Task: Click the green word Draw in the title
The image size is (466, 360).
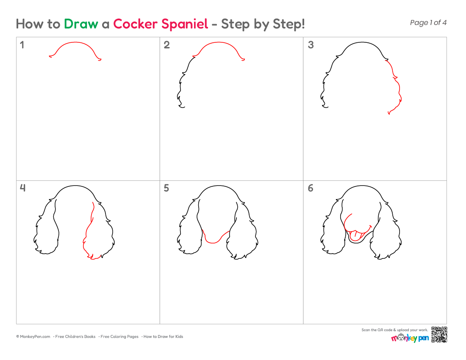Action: (x=81, y=24)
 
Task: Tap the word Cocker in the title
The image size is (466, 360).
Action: (x=135, y=24)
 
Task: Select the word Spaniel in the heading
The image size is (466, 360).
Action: (x=185, y=24)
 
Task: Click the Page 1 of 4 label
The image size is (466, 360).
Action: (x=428, y=22)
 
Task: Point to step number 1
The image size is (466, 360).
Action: (x=22, y=45)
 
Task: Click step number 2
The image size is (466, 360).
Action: (x=167, y=45)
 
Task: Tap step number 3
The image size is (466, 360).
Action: (x=311, y=45)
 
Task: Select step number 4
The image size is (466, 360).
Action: (x=22, y=188)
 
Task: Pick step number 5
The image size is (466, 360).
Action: (x=166, y=188)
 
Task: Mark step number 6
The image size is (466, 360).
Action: (x=311, y=188)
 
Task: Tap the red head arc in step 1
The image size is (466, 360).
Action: (x=75, y=42)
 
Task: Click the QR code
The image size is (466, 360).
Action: (x=439, y=335)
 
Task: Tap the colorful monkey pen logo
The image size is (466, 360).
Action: (x=410, y=338)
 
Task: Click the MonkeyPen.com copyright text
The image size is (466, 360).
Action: (x=33, y=337)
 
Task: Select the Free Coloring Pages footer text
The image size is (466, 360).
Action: (x=119, y=337)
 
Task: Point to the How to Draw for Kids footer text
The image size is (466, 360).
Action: (x=163, y=337)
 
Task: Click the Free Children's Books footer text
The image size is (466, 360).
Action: (x=75, y=337)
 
